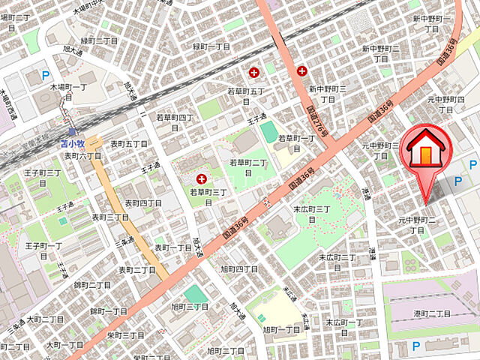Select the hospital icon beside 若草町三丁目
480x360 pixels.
tap(201, 179)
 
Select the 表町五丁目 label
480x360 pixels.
tap(128, 143)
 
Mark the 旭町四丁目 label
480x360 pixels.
tap(239, 268)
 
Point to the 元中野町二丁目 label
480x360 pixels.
tap(417, 225)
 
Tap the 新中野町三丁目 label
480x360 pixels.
tap(328, 94)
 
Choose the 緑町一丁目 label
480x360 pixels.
tap(211, 46)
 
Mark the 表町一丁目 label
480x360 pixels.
tap(174, 247)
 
